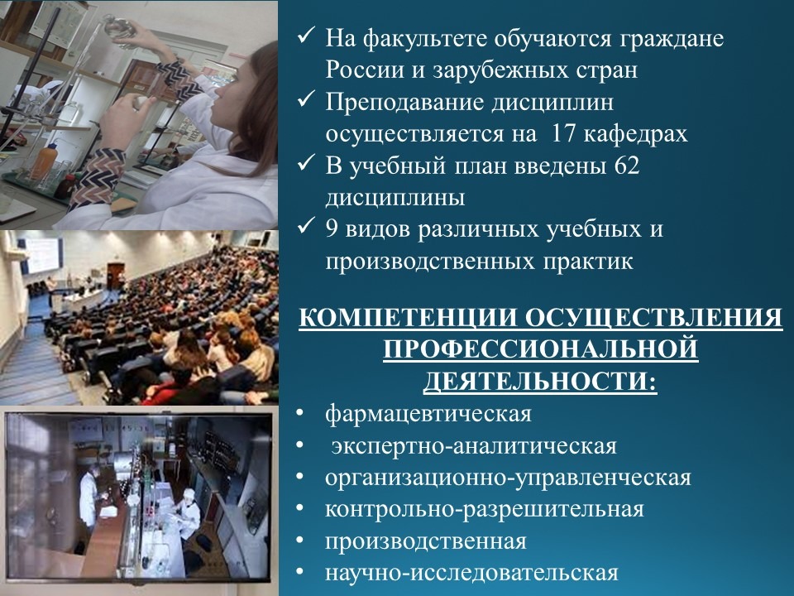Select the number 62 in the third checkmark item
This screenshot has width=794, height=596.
pos(626,166)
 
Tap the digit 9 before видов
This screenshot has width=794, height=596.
pos(332,228)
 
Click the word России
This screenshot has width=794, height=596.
pos(365,70)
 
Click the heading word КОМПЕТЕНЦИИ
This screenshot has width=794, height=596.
pos(408,318)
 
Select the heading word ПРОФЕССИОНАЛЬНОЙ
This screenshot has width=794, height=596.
pos(541,349)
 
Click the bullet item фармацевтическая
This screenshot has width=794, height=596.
pos(428,414)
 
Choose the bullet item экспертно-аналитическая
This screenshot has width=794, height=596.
pos(474,446)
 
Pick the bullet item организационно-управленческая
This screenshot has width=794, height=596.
pos(508,478)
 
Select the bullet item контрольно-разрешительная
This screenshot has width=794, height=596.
pos(484,509)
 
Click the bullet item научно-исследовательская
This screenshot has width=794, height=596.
pos(471,573)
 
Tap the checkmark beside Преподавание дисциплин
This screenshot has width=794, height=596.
pos(306,100)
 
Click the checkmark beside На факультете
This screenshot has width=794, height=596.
pos(306,36)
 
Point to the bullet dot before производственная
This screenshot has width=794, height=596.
pos(300,541)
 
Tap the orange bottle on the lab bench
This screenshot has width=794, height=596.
pos(45,162)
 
